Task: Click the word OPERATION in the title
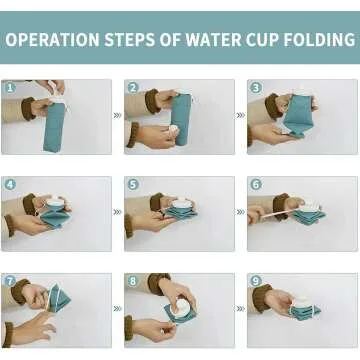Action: [53, 41]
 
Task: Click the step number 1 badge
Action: [10, 88]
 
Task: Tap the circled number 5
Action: [133, 185]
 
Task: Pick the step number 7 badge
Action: [10, 281]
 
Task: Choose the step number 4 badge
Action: [10, 185]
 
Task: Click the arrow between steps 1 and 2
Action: [117, 115]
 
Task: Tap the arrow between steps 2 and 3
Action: [240, 115]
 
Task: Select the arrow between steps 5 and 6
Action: [240, 212]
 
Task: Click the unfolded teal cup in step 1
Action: [54, 124]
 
